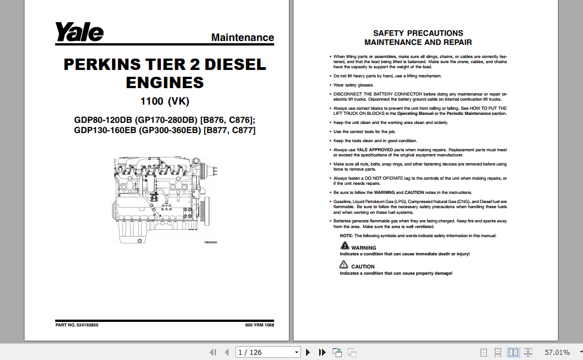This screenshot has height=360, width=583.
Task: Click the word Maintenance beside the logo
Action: [242, 38]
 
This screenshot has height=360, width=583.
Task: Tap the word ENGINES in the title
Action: [164, 82]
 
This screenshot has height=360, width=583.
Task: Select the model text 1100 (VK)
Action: [164, 102]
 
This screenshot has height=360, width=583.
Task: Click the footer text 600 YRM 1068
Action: [259, 325]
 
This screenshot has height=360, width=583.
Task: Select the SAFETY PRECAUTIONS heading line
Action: [418, 33]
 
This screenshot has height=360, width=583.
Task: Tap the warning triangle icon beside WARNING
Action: [345, 246]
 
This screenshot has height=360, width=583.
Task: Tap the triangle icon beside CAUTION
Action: [345, 264]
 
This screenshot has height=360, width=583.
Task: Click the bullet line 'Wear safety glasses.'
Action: [353, 85]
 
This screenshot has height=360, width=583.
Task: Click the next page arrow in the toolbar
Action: [308, 353]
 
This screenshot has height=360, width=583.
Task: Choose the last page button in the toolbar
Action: [322, 353]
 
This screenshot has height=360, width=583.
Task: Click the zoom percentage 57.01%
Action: [557, 353]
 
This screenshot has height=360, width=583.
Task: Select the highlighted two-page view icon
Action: [514, 353]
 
